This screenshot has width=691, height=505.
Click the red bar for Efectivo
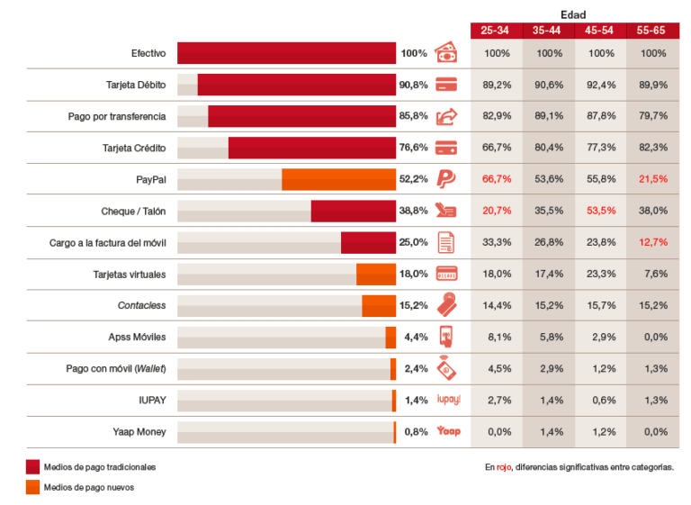point(286,53)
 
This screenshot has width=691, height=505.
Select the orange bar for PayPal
point(338,179)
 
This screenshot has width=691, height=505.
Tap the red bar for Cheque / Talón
point(353,211)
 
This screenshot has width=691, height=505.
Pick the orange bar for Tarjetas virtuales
point(375,274)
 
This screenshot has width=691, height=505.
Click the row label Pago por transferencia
point(117,116)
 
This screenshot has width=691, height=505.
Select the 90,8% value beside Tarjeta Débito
point(413,85)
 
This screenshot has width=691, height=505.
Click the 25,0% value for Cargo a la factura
point(413,242)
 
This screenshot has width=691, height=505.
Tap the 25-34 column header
point(496,31)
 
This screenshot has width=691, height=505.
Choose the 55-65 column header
point(653,31)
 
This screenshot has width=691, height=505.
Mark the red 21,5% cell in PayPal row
point(653,179)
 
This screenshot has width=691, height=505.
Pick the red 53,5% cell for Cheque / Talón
point(600,211)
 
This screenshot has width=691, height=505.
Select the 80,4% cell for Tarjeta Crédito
point(548,148)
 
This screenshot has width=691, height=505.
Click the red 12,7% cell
point(653,242)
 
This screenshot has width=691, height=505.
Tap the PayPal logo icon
point(447,179)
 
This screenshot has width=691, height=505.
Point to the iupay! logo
point(448,400)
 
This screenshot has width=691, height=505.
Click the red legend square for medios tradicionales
point(33,467)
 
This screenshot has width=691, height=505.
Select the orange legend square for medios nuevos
point(33,487)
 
